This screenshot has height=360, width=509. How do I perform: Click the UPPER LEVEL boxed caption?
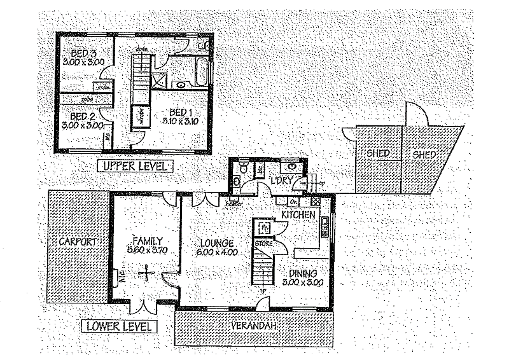[x=135, y=167]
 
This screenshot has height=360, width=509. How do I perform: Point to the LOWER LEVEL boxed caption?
[x=120, y=327]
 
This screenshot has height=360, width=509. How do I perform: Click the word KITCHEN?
[x=298, y=216]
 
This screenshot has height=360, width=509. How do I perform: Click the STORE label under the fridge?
[x=263, y=243]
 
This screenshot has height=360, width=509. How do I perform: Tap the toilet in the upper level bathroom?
[x=202, y=48]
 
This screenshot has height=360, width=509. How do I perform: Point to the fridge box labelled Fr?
[x=263, y=226]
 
